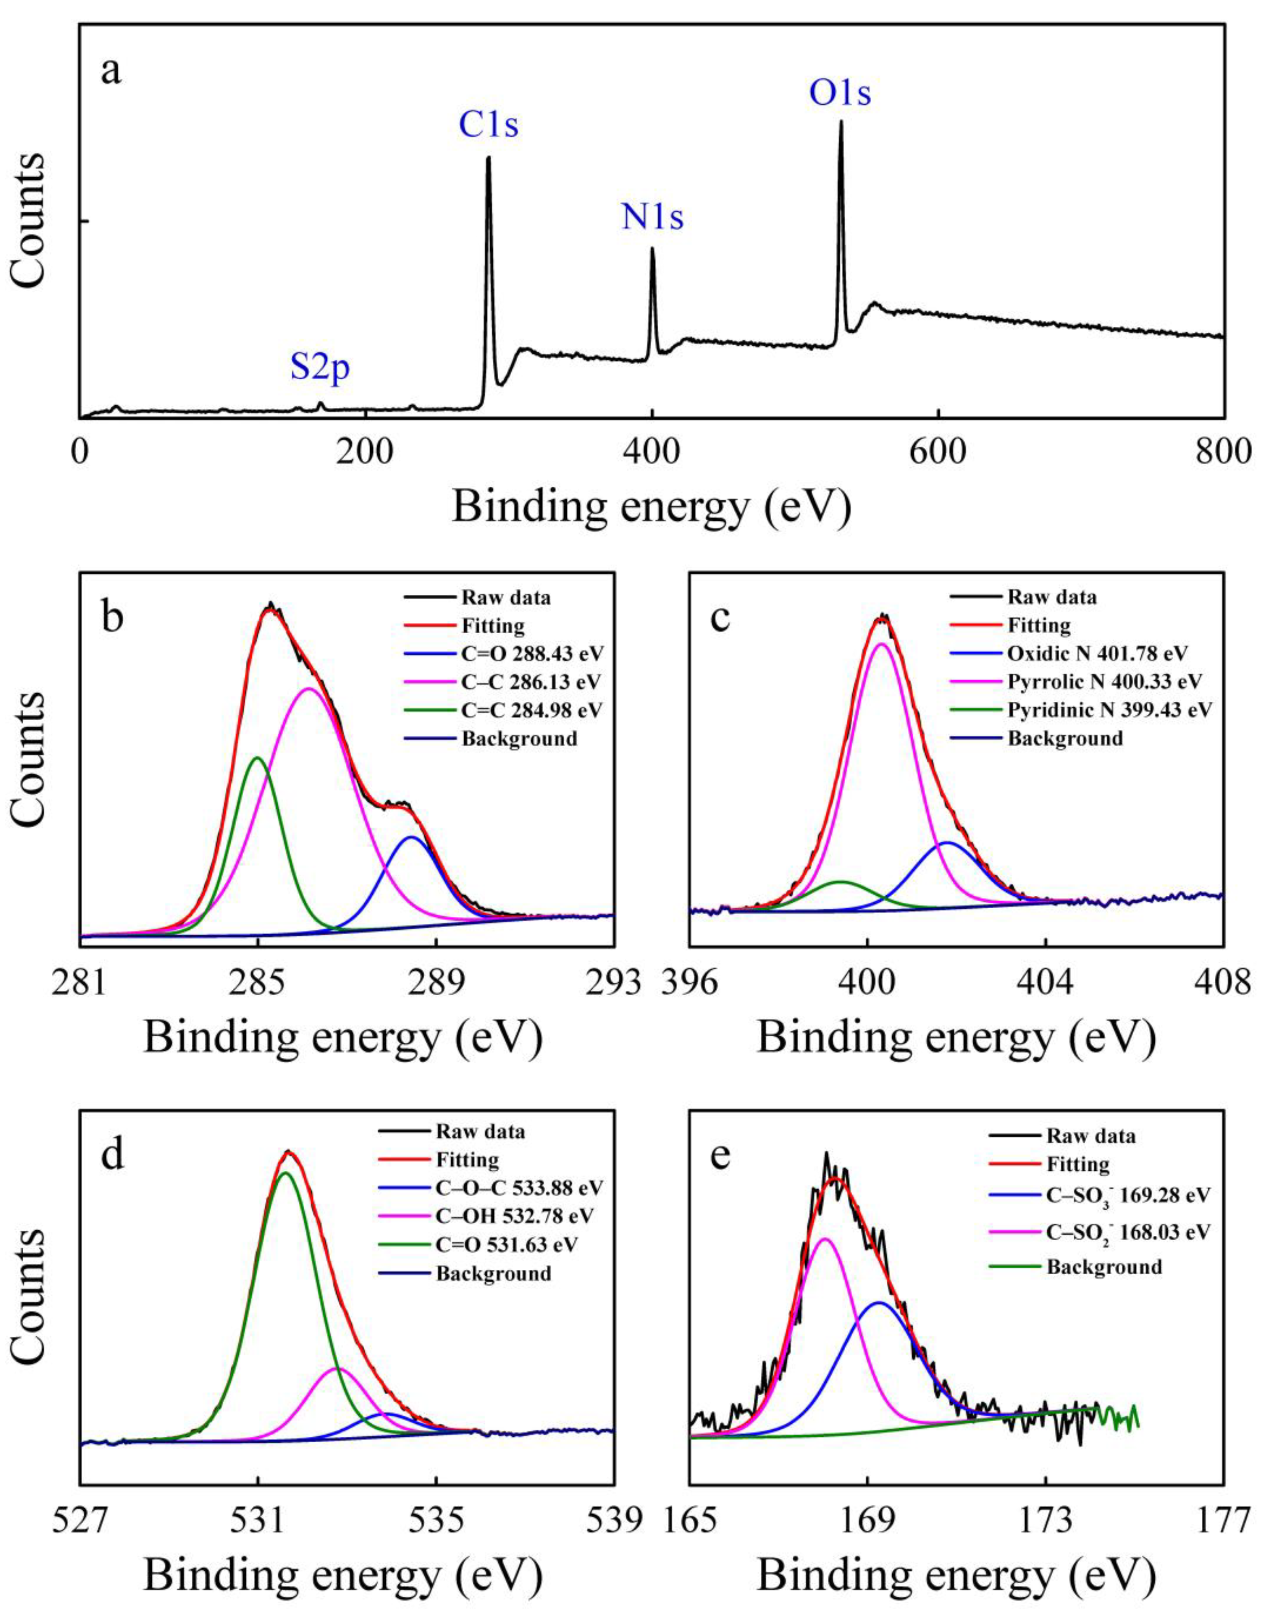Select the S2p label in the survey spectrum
(x=319, y=368)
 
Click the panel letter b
(x=113, y=618)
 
